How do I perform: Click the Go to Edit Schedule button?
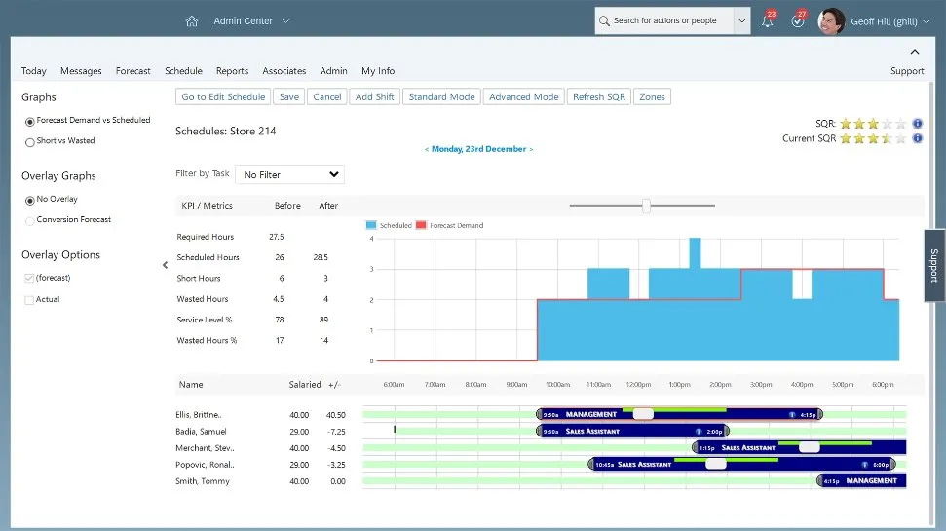pos(223,96)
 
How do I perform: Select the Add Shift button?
pos(375,96)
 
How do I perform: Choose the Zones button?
pos(652,96)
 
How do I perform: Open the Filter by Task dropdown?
pos(289,174)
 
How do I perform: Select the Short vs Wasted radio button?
pos(30,141)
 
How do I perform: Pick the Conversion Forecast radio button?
pos(30,220)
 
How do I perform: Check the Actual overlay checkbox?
pos(29,300)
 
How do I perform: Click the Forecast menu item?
pos(132,71)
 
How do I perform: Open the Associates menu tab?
pos(284,71)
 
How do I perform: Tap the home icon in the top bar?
pos(192,20)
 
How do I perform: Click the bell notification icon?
pos(768,21)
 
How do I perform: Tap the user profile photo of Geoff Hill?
pos(831,20)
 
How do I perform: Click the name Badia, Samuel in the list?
pos(203,431)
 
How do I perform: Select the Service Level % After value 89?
pos(322,320)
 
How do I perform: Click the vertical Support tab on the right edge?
pos(934,265)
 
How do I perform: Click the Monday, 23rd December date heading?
pos(478,149)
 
